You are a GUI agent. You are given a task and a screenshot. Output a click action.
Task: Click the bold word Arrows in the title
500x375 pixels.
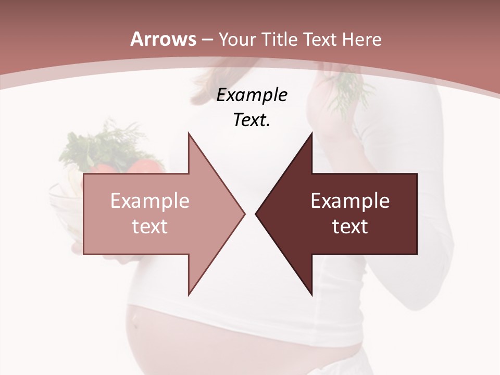[164, 39]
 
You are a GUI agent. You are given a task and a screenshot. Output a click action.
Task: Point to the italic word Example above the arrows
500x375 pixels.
[252, 95]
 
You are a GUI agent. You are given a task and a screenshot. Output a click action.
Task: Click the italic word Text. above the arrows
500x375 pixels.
[252, 120]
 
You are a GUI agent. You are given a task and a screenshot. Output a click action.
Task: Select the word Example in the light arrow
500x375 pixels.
[149, 201]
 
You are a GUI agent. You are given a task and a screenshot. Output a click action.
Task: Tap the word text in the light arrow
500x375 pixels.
[149, 226]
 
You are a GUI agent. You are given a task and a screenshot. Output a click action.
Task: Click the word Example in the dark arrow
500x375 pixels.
[350, 201]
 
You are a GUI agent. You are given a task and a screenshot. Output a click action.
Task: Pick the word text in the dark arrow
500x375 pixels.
[350, 226]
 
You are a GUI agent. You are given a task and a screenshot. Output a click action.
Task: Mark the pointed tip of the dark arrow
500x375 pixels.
[256, 214]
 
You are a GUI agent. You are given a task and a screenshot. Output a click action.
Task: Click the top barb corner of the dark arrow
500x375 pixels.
[311, 133]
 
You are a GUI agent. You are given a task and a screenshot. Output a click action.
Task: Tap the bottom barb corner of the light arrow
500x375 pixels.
[189, 295]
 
